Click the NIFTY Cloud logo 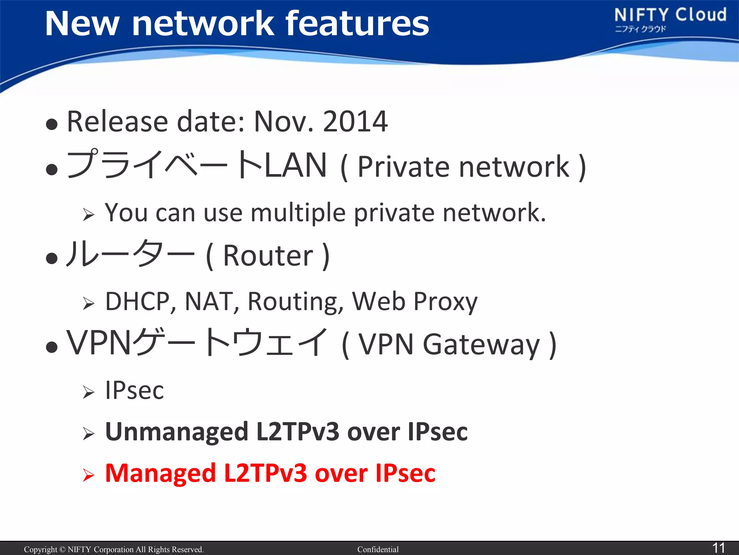point(670,20)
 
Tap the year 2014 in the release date point(355,121)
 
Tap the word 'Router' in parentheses point(268,256)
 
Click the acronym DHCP point(141,301)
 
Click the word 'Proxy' point(445,302)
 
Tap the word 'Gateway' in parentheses point(481,345)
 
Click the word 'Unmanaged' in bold point(176,432)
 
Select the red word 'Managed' point(160,473)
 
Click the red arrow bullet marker point(88,475)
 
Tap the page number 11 point(718,547)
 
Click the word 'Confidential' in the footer point(378,550)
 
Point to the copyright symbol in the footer point(62,550)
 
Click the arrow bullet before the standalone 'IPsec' point(88,392)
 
